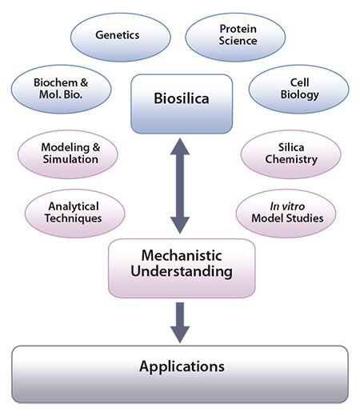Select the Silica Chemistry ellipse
point(290,153)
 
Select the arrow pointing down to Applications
point(181,319)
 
